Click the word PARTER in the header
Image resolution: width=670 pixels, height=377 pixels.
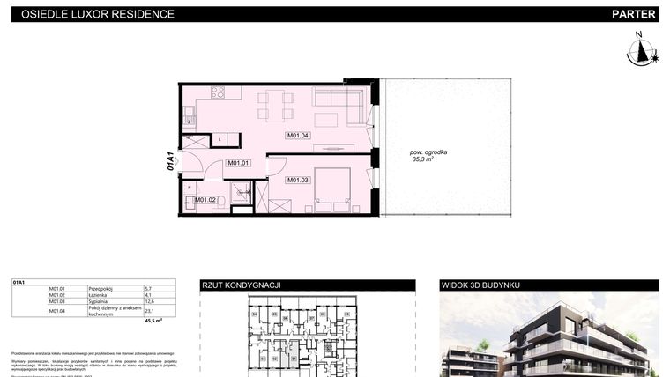click(x=633, y=14)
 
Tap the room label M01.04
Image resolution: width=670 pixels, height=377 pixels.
click(x=297, y=136)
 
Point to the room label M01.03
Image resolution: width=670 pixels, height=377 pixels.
click(x=296, y=180)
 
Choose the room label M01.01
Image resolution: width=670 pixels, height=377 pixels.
click(x=239, y=163)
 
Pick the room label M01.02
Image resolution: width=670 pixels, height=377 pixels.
click(x=205, y=200)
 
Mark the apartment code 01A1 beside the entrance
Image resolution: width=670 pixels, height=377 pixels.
click(x=170, y=160)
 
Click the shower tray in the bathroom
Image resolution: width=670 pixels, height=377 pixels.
click(x=242, y=193)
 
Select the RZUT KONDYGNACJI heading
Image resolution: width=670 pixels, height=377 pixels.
click(x=242, y=285)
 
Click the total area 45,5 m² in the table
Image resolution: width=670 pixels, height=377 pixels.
click(x=153, y=322)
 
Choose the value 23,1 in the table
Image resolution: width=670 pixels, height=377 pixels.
click(x=149, y=311)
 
